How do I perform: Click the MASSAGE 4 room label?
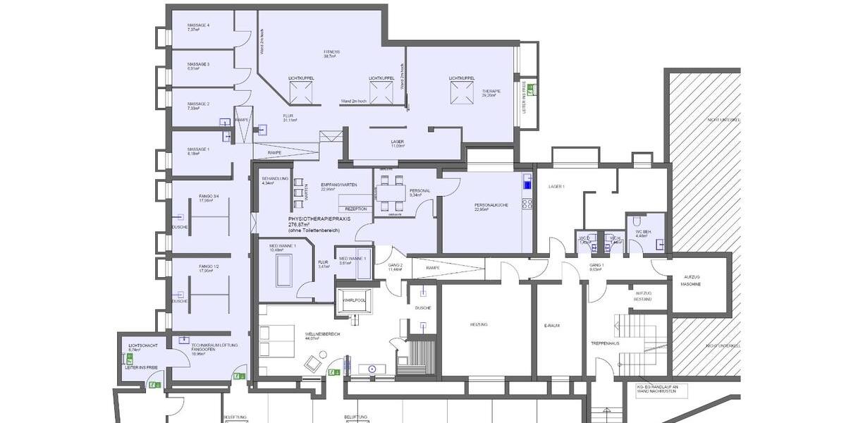point(198,25)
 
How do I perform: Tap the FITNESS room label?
point(331,52)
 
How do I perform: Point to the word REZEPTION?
point(356,209)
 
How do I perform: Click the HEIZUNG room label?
point(479,324)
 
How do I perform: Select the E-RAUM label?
point(551,325)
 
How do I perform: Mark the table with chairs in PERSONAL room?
point(391,192)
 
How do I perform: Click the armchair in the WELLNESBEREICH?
point(311,364)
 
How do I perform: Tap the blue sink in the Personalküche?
point(526,185)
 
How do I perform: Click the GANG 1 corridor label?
point(596,266)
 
